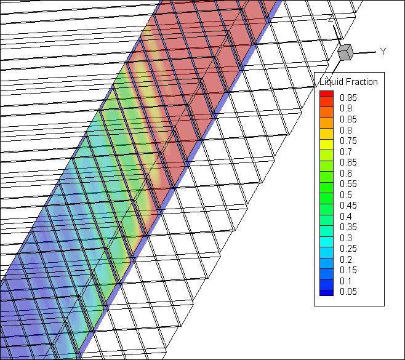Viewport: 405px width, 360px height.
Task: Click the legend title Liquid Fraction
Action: tap(349, 82)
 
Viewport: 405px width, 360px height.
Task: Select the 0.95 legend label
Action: tap(348, 98)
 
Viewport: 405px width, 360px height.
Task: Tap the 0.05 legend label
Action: tap(348, 292)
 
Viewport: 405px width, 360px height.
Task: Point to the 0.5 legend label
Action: tap(346, 194)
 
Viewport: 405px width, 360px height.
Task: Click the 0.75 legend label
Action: tap(348, 141)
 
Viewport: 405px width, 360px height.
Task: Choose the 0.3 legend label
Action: tap(346, 238)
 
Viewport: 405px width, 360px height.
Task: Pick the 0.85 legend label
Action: tap(348, 119)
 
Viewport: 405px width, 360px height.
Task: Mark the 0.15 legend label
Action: tap(348, 270)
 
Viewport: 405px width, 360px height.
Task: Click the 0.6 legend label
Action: tap(346, 173)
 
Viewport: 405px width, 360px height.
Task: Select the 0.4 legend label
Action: tap(346, 216)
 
